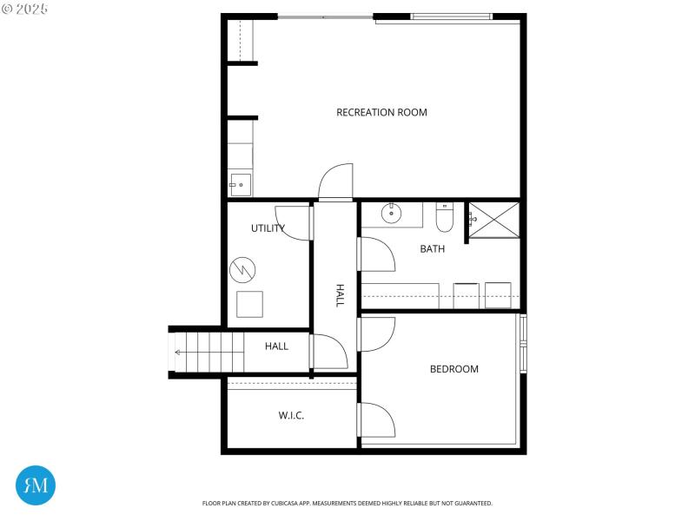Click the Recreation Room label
tap(381, 112)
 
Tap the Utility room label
tap(268, 228)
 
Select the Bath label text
tap(432, 249)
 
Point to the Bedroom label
tap(454, 369)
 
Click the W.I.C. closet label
tap(291, 416)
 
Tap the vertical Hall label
tap(340, 295)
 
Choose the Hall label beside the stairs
tap(276, 346)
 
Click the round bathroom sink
tap(392, 212)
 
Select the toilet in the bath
tap(444, 218)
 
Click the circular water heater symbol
tap(242, 270)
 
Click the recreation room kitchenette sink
tap(240, 184)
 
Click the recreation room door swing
tap(335, 181)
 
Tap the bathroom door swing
tap(377, 256)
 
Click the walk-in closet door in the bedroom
tap(377, 420)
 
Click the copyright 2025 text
tap(25, 8)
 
